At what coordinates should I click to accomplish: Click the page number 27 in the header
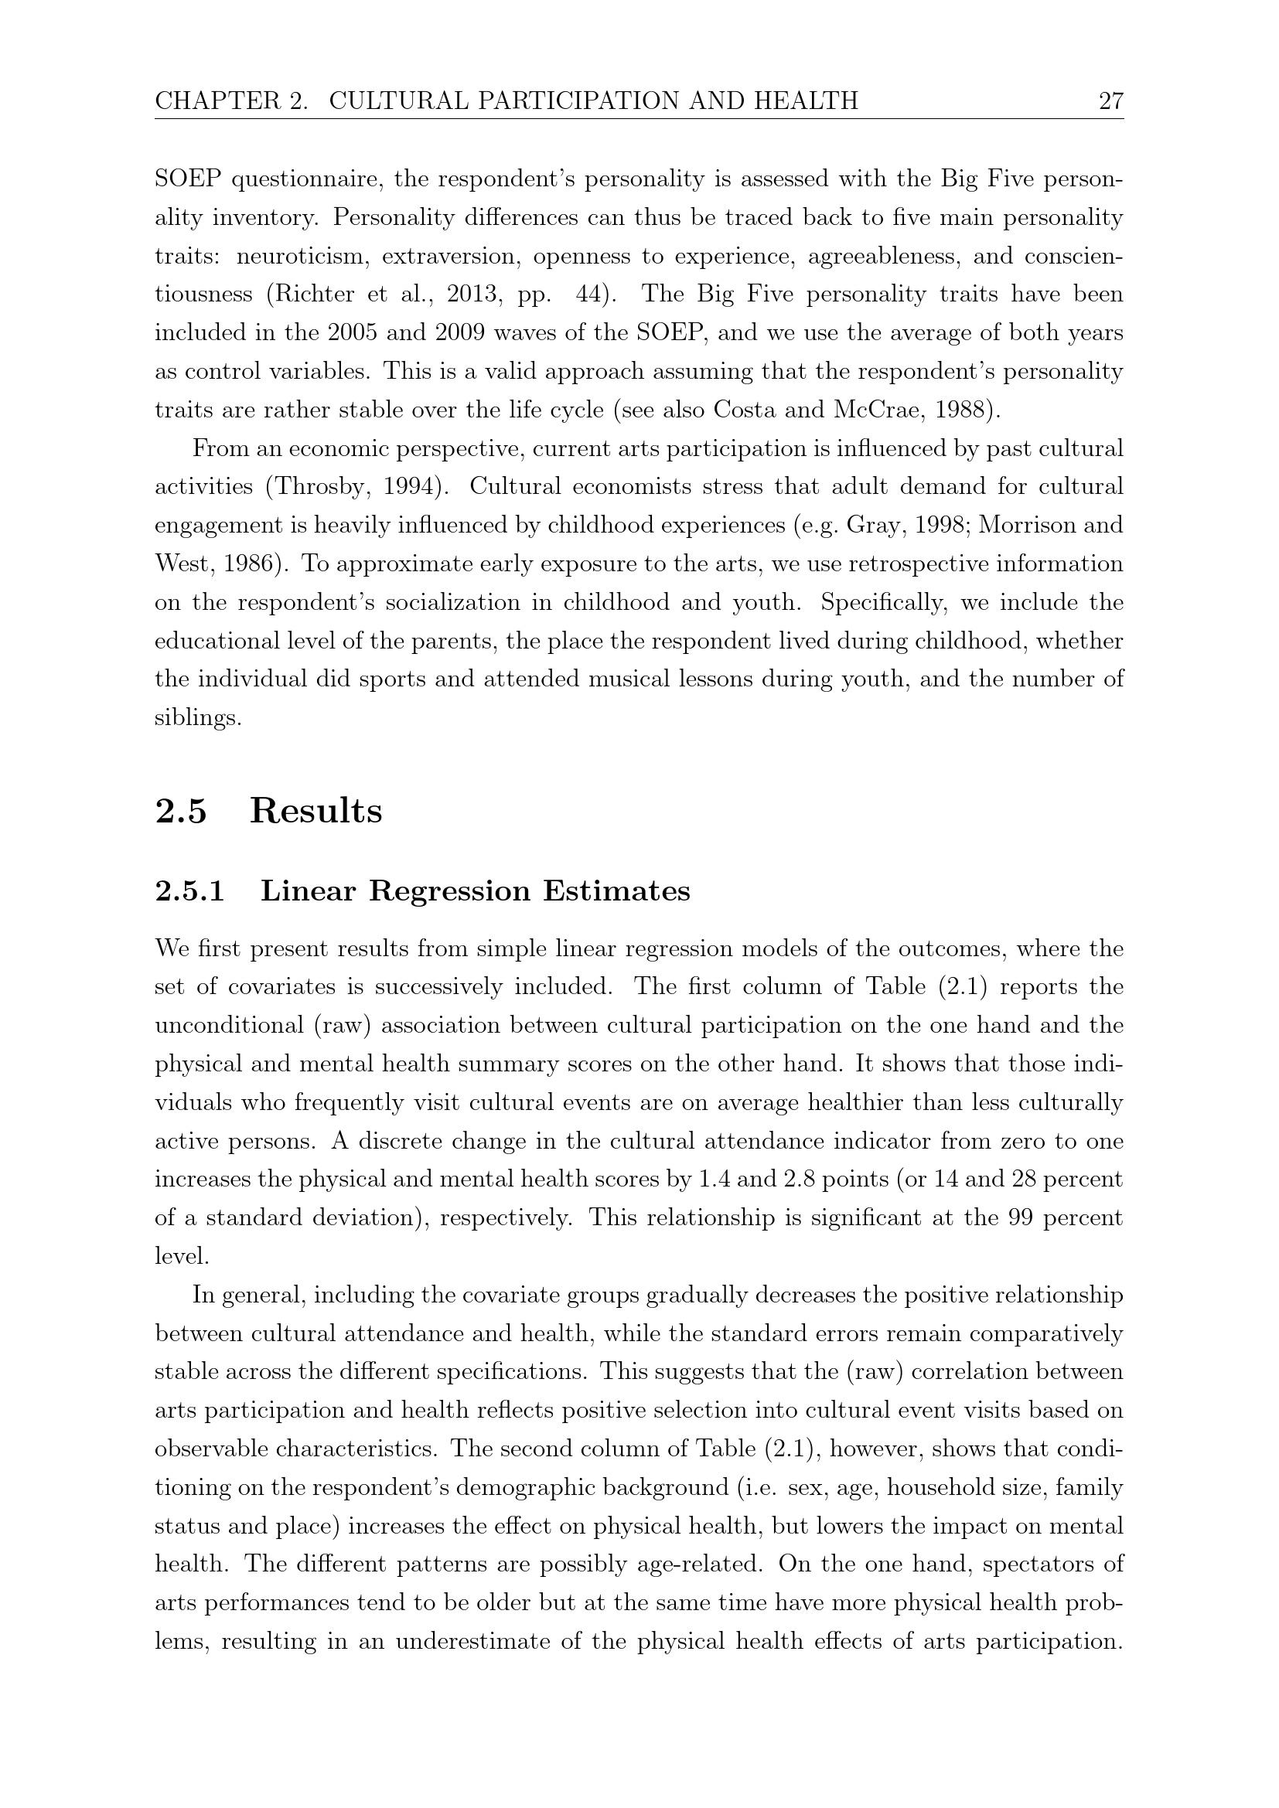(1110, 100)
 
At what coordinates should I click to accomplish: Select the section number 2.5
(181, 811)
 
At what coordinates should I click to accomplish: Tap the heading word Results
(315, 811)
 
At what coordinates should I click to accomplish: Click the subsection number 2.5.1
(189, 890)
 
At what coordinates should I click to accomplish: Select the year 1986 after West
(251, 564)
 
